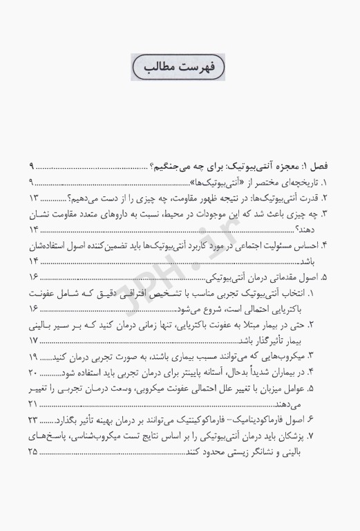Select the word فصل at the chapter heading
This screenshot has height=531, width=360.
(319, 167)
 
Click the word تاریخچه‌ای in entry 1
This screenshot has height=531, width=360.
(302, 183)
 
